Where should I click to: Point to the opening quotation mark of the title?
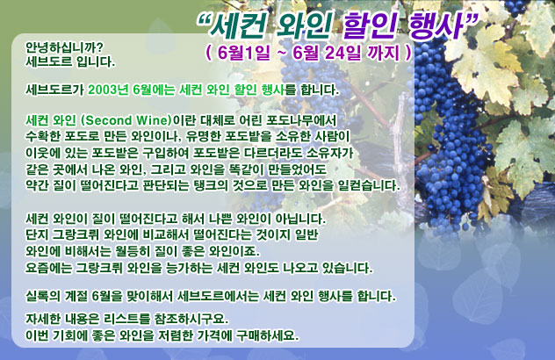[205, 20]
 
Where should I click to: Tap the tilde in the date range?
[281, 54]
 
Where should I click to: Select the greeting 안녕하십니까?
[64, 47]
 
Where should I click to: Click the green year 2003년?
[108, 90]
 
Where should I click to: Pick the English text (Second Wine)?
[126, 120]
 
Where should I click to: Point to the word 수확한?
[44, 137]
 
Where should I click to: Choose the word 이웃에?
[43, 153]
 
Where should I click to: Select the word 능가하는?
[190, 268]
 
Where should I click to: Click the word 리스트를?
[126, 320]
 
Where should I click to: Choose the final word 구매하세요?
[268, 335]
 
